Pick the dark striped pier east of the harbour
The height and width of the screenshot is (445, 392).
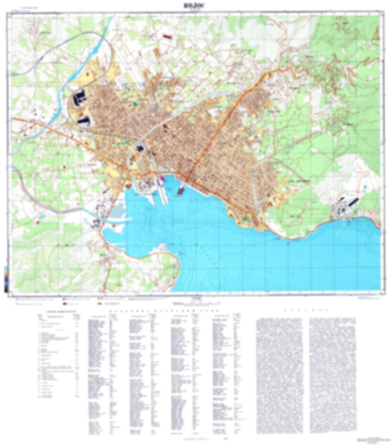coord(180,190)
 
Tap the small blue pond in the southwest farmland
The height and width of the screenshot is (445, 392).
coord(42,217)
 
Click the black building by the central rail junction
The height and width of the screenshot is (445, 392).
coord(140,148)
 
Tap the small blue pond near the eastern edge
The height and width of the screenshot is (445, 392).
coord(365,187)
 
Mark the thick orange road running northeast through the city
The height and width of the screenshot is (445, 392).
coord(217,130)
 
